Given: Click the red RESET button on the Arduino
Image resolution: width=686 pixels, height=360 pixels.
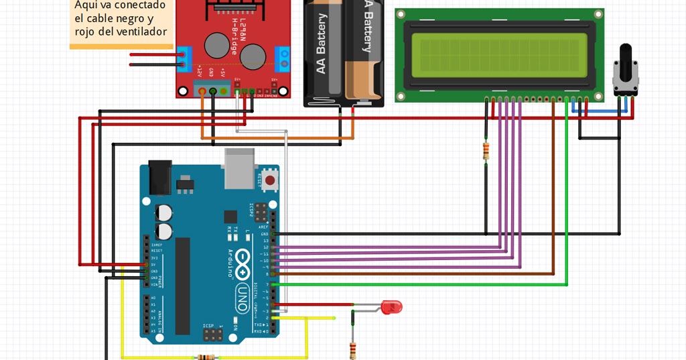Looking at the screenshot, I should point(269,180).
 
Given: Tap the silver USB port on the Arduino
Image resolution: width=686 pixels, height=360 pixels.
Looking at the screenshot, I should point(239,168).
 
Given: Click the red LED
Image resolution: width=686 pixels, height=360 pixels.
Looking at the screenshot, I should point(391,308).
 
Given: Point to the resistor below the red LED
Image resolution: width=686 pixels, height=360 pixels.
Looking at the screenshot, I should point(353,349).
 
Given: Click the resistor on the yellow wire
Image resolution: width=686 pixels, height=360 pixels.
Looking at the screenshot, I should point(206,357).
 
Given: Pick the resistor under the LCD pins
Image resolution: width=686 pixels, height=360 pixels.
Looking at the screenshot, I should point(485,150).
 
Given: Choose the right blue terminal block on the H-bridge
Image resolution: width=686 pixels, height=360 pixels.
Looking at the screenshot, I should point(286,59).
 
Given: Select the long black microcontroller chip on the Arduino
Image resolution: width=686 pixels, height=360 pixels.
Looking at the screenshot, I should point(182,285).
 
